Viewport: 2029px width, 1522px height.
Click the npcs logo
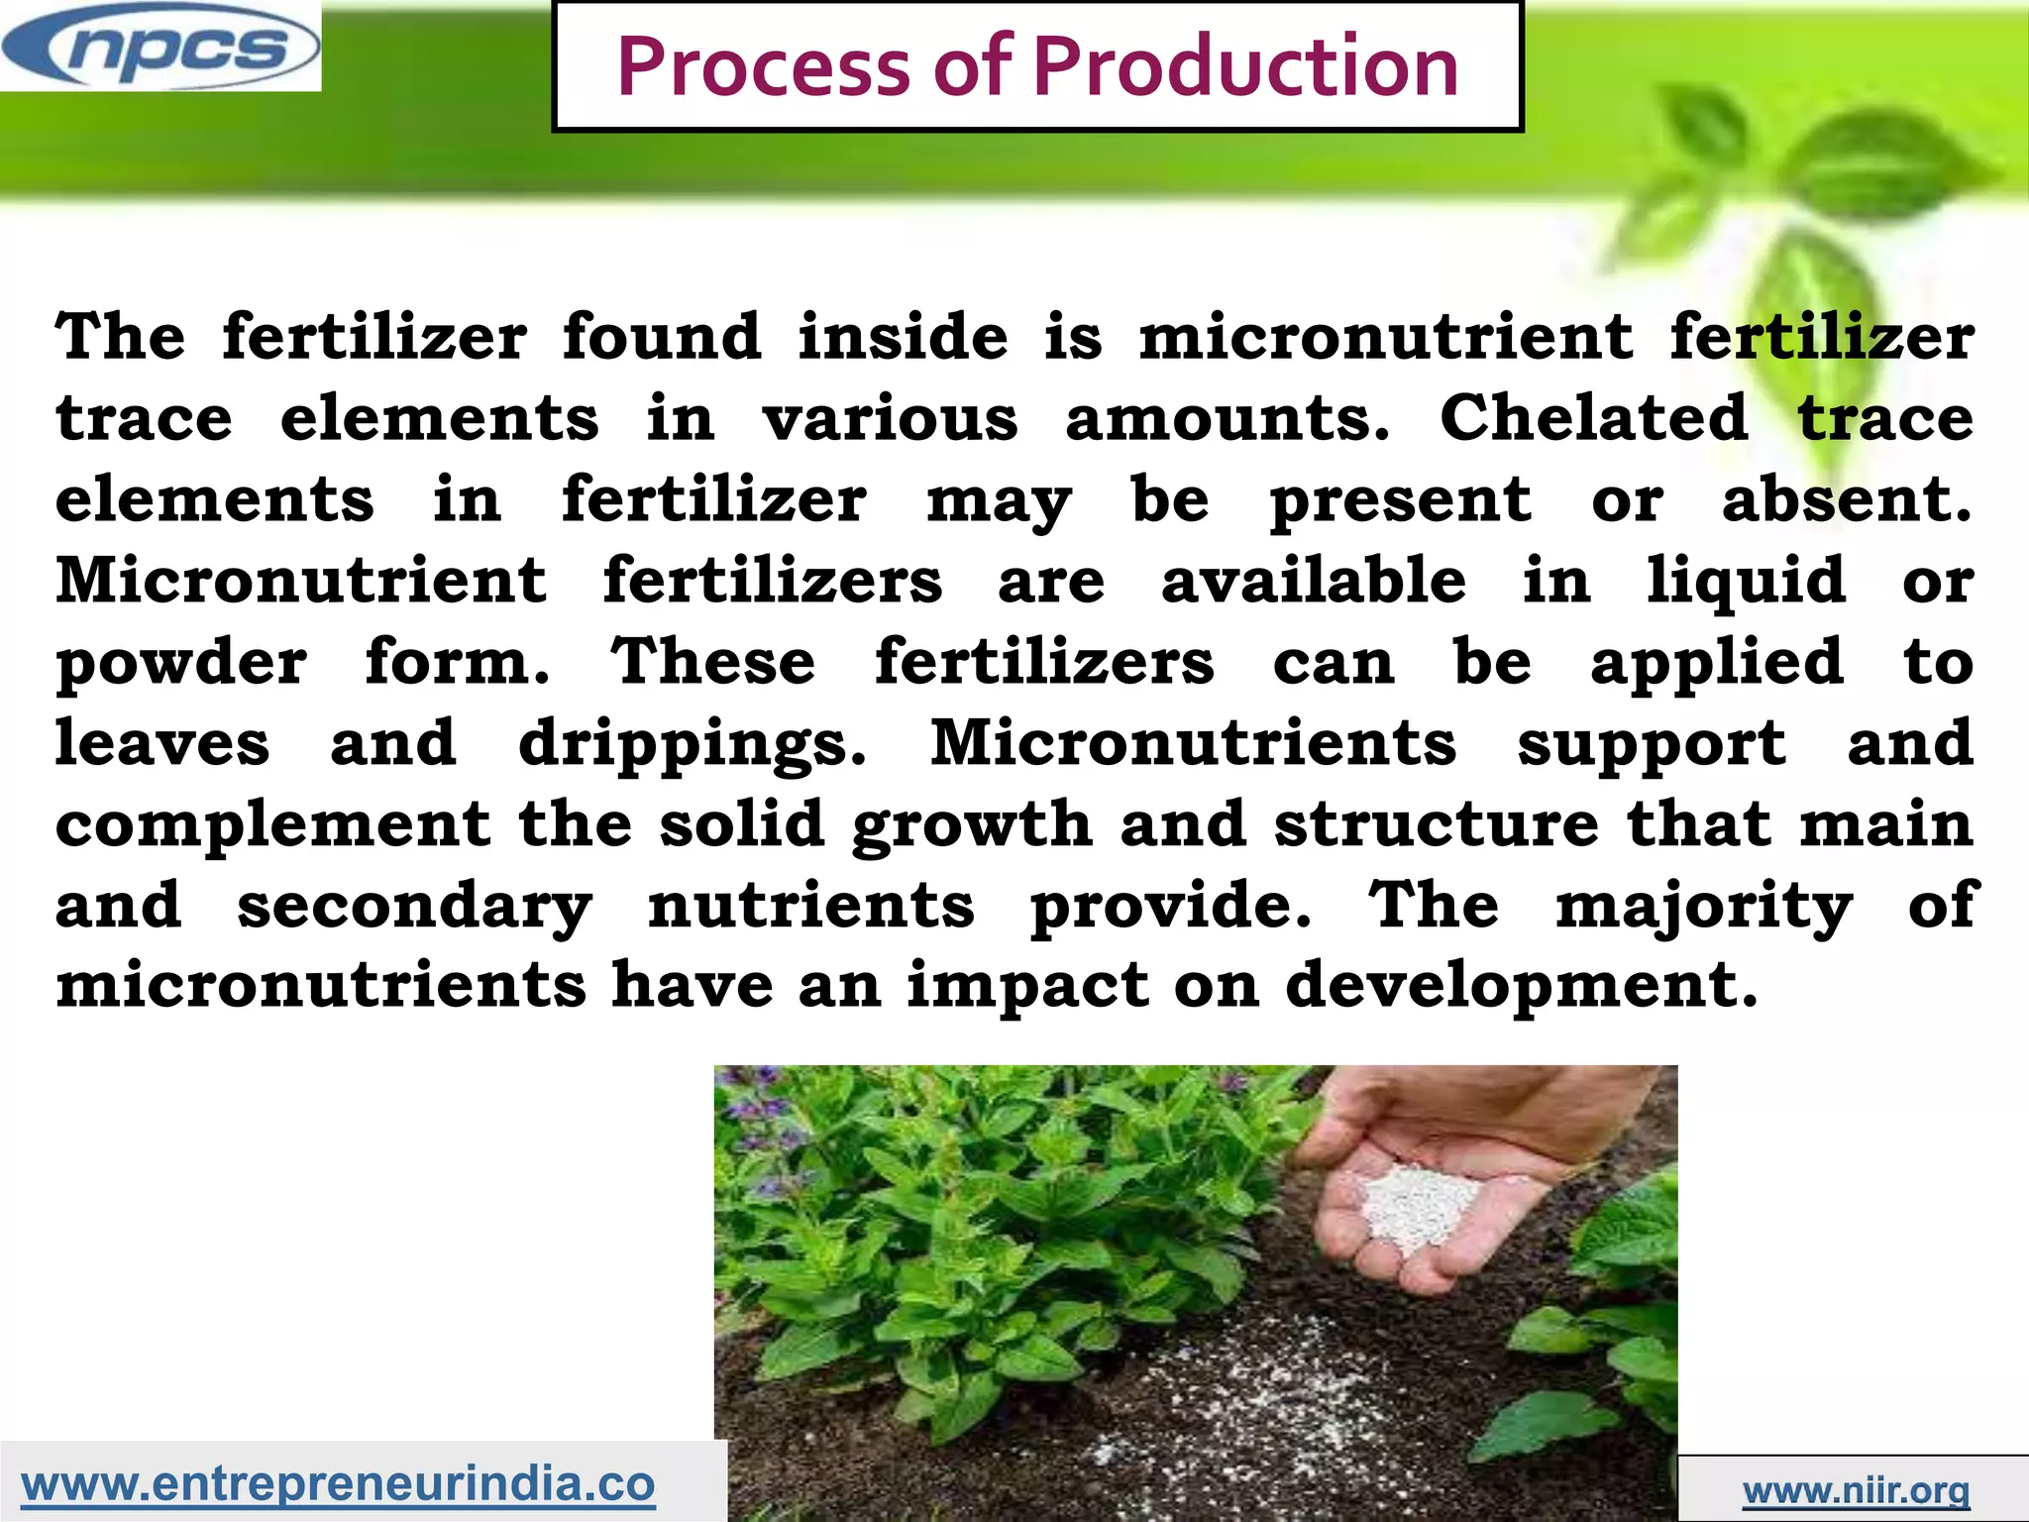tap(160, 47)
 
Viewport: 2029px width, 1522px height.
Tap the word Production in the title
tap(1245, 67)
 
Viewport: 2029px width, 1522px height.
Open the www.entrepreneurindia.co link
tap(338, 1483)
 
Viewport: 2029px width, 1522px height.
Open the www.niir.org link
tap(1856, 1489)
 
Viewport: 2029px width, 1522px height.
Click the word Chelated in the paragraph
tap(1593, 417)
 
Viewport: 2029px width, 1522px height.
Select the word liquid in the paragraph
tap(1746, 581)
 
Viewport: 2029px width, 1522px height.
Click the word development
tap(1521, 988)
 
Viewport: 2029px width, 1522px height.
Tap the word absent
tap(1847, 498)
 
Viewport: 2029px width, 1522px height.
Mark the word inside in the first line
tap(903, 336)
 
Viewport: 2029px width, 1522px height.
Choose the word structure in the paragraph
tap(1436, 824)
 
